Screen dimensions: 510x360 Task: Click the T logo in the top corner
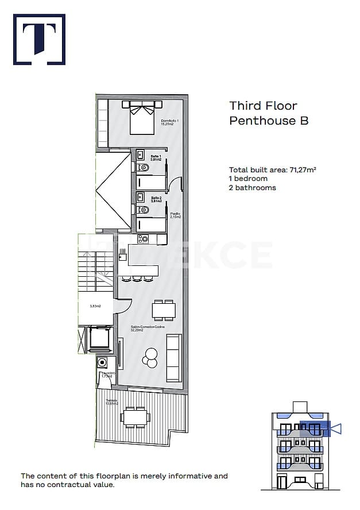point(39,39)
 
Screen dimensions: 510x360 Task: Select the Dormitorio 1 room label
point(170,122)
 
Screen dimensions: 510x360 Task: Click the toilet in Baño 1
point(144,168)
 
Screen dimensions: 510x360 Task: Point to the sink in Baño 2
point(141,198)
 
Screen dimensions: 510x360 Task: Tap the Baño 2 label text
point(156,199)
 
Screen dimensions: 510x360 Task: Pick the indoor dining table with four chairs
point(164,310)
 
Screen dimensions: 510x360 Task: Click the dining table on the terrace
point(136,417)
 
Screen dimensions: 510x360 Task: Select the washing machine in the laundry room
point(103,362)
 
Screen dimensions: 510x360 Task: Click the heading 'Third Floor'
point(263,106)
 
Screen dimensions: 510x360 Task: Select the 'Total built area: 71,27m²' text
point(273,169)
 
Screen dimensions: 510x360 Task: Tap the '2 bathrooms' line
point(252,188)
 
